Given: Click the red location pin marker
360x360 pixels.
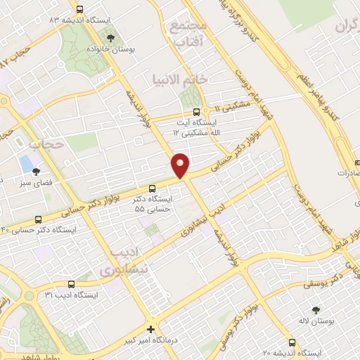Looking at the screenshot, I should pos(181,165).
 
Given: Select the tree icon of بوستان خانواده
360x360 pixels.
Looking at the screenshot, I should pos(114,37).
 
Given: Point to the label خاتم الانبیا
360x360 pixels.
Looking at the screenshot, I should pos(180,79).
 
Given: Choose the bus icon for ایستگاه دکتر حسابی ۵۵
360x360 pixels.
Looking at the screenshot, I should pos(153,187).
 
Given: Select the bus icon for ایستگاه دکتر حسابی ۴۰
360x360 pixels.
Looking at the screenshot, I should pos(38,219).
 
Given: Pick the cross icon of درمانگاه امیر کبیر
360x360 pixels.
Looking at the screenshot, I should pos(150,328).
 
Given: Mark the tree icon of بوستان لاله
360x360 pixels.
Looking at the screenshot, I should pos(314,310).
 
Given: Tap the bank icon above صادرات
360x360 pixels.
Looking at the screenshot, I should pos(356,161).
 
